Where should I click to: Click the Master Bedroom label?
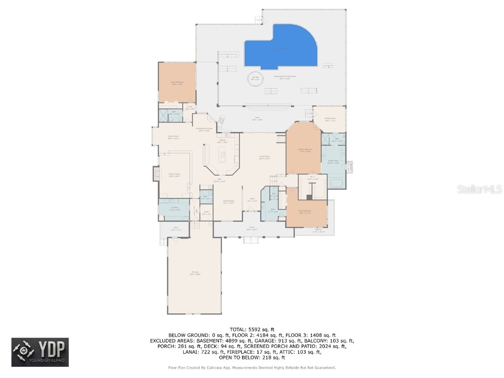pyautogui.click(x=304, y=150)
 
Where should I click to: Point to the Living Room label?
pyautogui.click(x=265, y=157)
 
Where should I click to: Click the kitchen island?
pyautogui.click(x=222, y=157)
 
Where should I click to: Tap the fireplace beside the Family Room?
pyautogui.click(x=156, y=173)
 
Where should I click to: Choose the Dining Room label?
pyautogui.click(x=228, y=201)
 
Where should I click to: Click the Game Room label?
pyautogui.click(x=173, y=137)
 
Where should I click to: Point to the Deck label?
pyautogui.click(x=176, y=228)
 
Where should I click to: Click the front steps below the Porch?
pyautogui.click(x=251, y=240)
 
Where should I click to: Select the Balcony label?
pyautogui.click(x=318, y=231)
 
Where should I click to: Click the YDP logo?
pyautogui.click(x=40, y=352)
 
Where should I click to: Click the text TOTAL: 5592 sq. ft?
pyautogui.click(x=252, y=329)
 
